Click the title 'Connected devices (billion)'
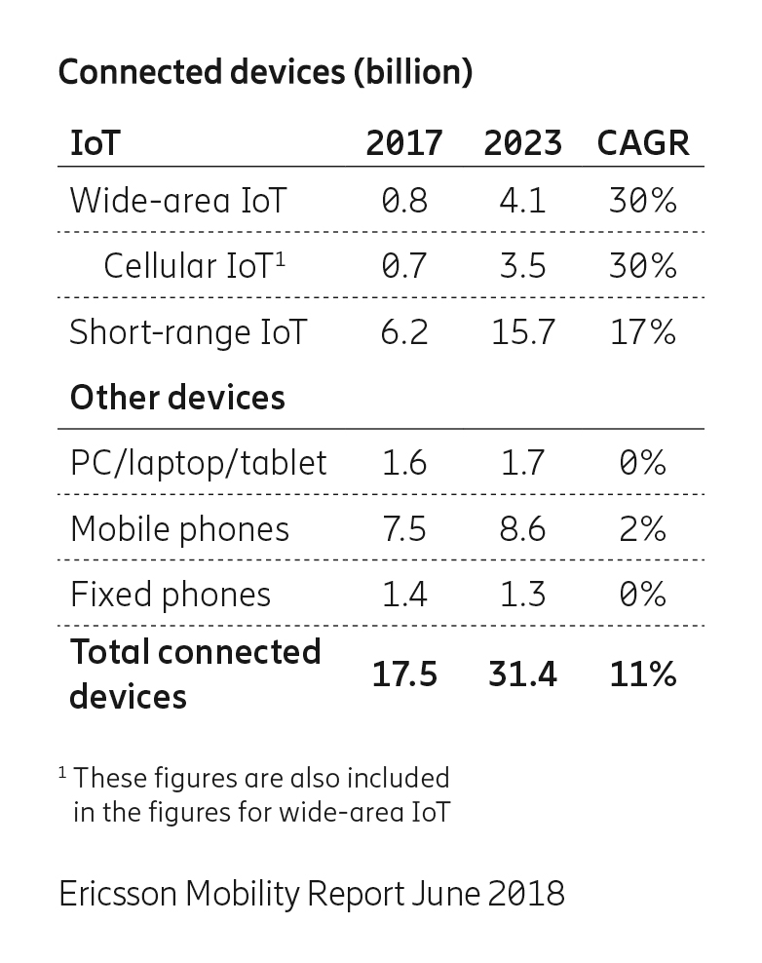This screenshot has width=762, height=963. click(265, 73)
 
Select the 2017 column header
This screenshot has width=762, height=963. click(404, 143)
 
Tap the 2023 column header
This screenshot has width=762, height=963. click(522, 143)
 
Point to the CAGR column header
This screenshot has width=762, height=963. click(642, 143)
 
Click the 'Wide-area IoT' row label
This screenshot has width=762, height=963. click(178, 201)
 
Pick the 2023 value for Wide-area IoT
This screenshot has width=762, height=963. click(522, 201)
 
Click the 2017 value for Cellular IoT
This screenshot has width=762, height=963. click(404, 266)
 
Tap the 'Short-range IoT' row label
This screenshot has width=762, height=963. click(188, 332)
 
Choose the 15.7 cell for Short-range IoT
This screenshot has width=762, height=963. click(522, 332)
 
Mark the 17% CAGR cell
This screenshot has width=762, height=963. click(642, 332)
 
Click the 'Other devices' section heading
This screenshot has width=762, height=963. click(177, 398)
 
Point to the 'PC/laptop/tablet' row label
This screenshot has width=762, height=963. click(199, 463)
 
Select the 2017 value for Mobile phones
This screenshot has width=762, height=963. click(404, 528)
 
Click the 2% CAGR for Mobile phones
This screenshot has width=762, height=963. click(642, 528)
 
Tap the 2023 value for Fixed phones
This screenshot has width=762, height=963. click(522, 594)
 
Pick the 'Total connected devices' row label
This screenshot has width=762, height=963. click(195, 674)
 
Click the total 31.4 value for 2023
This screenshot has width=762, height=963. click(522, 674)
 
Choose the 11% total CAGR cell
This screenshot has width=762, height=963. click(642, 674)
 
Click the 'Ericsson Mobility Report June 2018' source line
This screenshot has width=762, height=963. click(312, 893)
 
